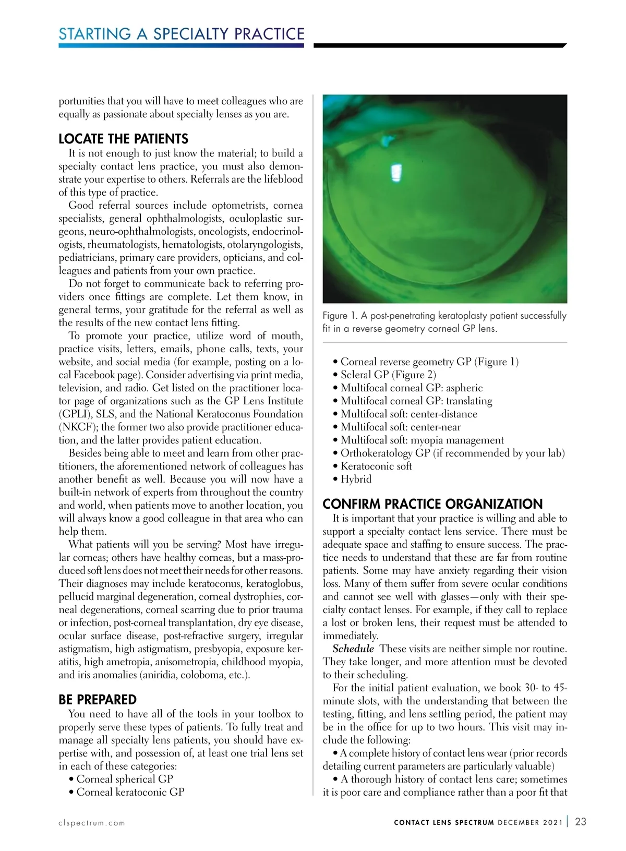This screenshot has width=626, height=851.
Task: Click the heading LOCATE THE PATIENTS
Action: point(123,139)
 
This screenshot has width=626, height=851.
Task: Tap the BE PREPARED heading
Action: point(98,700)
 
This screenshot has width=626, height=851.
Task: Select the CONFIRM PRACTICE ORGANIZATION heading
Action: point(432,504)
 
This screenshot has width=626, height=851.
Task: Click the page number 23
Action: point(580,822)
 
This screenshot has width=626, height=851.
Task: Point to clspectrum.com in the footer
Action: point(92,823)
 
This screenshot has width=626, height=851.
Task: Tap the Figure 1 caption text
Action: point(444,322)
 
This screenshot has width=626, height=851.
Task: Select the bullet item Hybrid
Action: point(356,479)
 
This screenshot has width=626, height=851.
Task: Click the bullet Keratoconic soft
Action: point(376,466)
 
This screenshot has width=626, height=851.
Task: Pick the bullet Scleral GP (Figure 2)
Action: point(388,375)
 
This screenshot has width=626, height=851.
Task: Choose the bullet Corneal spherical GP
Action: point(124,779)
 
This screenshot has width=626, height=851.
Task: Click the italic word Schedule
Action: point(354,649)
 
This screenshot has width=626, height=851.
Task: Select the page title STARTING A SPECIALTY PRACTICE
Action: point(181,34)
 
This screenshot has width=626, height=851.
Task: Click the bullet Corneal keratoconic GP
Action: point(130,792)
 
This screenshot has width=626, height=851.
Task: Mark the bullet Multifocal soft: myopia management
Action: point(422,440)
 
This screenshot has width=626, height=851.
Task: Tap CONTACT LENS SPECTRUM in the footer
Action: point(443,823)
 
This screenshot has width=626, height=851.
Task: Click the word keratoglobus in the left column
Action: point(271,583)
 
